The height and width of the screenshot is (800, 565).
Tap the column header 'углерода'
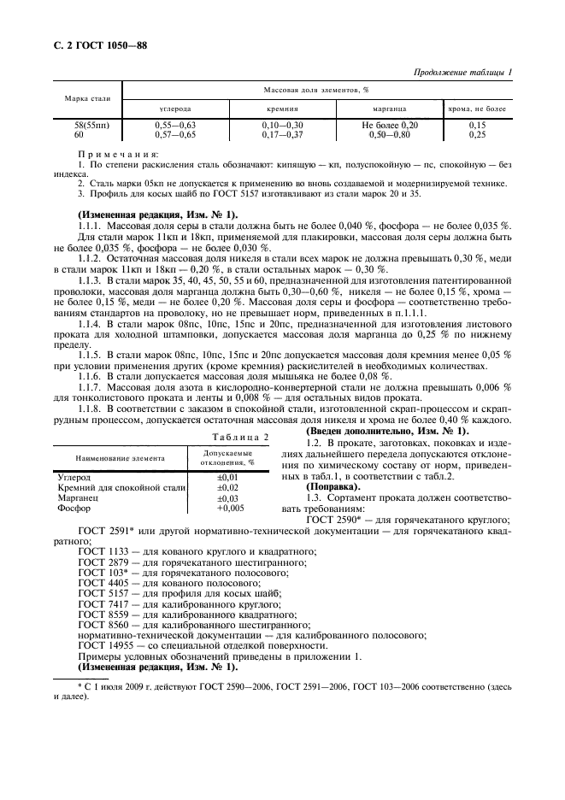pyautogui.click(x=176, y=109)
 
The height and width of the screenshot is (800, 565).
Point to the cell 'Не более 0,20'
pyautogui.click(x=389, y=125)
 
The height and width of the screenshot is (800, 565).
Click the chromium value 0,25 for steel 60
pyautogui.click(x=477, y=134)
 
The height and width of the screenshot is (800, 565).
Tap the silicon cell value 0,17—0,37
pyautogui.click(x=282, y=134)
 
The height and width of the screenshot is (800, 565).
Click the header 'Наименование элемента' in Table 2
pyautogui.click(x=116, y=457)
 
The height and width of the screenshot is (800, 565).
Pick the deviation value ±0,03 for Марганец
pyautogui.click(x=227, y=497)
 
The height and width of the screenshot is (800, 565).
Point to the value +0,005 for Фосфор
pyautogui.click(x=229, y=507)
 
